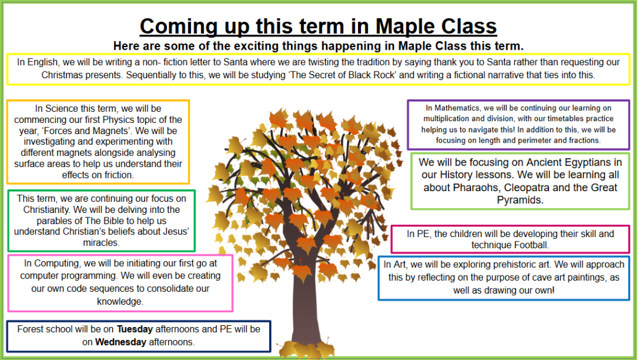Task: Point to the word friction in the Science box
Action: [x=118, y=175]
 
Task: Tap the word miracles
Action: [x=101, y=243]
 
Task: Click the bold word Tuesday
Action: [x=135, y=329]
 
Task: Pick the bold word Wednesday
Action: [x=120, y=342]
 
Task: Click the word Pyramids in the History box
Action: [x=520, y=200]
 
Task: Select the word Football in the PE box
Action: [x=530, y=245]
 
